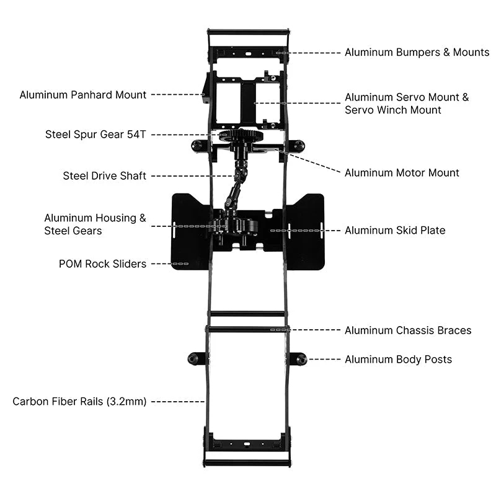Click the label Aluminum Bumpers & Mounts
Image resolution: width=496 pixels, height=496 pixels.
coord(417,52)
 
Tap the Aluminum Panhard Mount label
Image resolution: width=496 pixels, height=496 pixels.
coord(82,95)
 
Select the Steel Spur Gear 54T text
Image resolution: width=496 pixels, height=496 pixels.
coord(95,134)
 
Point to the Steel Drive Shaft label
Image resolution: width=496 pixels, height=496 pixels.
coord(104,176)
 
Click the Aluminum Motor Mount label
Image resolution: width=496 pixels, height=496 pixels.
coord(402,172)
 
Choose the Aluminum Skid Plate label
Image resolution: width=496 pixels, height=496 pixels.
coord(395,230)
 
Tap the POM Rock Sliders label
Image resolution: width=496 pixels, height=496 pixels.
coord(102,263)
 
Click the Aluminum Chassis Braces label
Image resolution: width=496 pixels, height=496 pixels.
coord(408,330)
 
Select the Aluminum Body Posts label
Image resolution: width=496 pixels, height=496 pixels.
coord(398,359)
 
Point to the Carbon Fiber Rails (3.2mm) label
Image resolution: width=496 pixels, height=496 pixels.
coord(79,401)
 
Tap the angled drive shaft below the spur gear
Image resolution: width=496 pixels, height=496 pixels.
coord(236,187)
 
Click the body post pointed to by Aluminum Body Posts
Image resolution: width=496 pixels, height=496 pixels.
coord(300,359)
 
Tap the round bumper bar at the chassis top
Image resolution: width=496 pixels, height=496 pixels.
coord(249,30)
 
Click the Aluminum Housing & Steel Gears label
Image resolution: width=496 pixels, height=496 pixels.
coord(95,224)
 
